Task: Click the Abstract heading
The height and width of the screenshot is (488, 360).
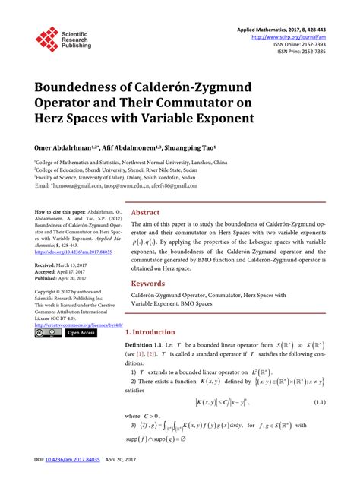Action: click(x=146, y=213)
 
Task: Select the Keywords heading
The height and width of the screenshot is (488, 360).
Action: click(x=149, y=283)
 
